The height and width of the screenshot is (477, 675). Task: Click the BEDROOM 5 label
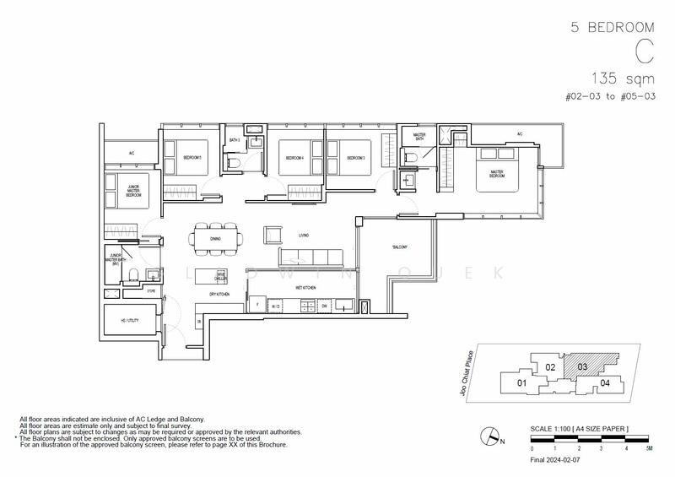point(188,157)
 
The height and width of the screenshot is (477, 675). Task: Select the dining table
point(215,239)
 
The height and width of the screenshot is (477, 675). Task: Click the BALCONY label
point(399,247)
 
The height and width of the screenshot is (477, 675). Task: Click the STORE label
point(152,291)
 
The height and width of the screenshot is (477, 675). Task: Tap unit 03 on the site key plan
point(582,366)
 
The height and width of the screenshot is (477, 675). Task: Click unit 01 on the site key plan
point(521,384)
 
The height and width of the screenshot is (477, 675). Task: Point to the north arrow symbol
point(487,436)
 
